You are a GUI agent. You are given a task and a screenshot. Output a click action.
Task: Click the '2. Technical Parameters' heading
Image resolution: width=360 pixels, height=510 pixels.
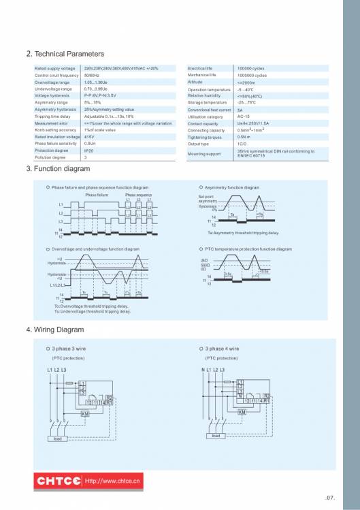(x=65, y=54)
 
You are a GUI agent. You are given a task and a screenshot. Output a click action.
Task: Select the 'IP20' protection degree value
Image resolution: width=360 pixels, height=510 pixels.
(x=90, y=150)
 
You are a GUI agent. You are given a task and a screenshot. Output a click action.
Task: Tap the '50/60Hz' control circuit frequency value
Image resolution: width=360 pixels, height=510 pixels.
(x=92, y=76)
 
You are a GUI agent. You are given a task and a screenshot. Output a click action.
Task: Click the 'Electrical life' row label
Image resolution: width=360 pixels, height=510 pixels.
(x=200, y=69)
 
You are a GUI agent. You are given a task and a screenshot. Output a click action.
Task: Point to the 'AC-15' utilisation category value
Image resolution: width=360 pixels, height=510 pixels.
(x=244, y=116)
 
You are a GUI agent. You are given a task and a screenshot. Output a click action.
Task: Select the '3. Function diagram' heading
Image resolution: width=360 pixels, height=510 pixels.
(x=57, y=168)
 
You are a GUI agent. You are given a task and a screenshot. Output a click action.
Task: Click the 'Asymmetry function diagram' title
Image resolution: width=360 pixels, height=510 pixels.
(x=232, y=187)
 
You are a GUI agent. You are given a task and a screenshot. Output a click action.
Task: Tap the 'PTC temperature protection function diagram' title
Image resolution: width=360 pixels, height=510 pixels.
(x=248, y=249)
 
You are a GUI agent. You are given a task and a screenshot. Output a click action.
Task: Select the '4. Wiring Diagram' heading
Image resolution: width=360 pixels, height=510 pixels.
(x=54, y=330)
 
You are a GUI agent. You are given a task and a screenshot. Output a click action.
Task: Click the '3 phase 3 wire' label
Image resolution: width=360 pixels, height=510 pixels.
(x=70, y=349)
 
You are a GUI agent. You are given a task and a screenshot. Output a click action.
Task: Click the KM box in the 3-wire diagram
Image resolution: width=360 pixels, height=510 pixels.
(x=85, y=413)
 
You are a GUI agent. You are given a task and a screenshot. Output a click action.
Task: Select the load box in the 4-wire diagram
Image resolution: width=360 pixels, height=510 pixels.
(x=216, y=435)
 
